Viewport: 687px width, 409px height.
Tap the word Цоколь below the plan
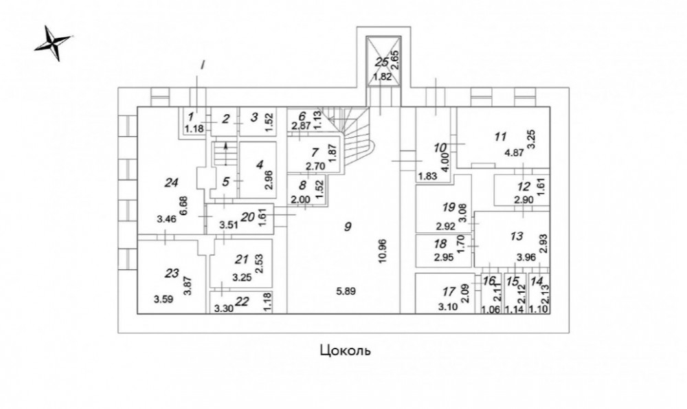point(346,351)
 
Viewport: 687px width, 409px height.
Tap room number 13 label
point(517,236)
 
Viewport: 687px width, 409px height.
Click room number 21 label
point(240,259)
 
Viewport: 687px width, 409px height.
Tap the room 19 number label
point(449,206)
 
